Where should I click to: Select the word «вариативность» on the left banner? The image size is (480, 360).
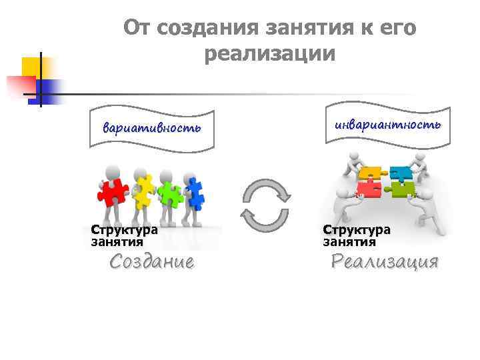point(151,128)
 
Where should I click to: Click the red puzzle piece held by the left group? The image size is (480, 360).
point(111,192)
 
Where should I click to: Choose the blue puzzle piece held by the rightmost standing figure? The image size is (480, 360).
point(195,193)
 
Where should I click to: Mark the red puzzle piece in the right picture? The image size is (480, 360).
point(368,189)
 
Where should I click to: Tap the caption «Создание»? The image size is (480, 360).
point(152,261)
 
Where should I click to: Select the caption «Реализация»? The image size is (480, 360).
point(385,261)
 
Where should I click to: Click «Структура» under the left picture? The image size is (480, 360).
point(125,230)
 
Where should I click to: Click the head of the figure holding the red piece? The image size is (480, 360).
point(113,170)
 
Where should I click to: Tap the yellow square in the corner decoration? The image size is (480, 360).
point(31,67)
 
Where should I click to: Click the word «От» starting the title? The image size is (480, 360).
point(138,29)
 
